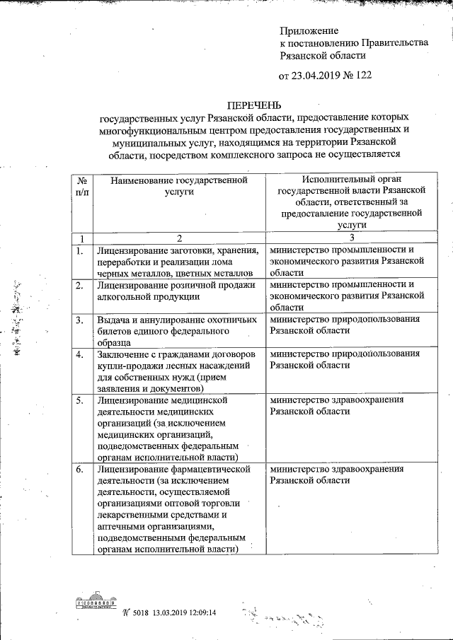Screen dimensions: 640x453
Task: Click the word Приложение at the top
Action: point(309,30)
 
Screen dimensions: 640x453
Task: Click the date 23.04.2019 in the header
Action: point(317,75)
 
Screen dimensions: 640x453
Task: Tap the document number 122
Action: point(362,75)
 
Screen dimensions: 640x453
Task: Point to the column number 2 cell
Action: point(179,238)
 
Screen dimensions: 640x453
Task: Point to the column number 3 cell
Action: point(347,238)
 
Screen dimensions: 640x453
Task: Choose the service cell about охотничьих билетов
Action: point(166,330)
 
